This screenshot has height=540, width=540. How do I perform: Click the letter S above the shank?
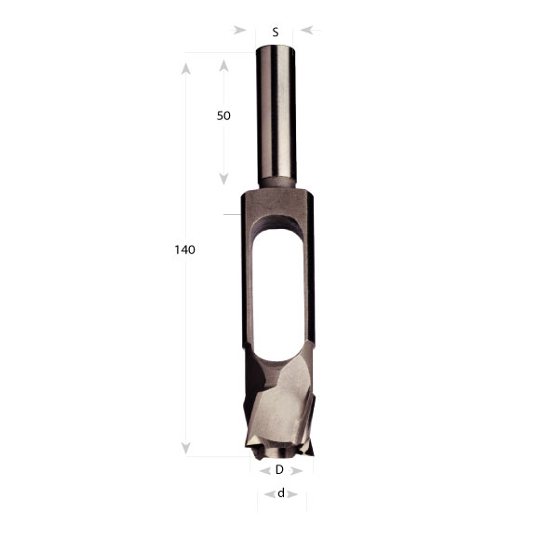(276, 32)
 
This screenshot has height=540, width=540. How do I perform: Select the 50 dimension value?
(223, 115)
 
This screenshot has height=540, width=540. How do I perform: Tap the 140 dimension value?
(185, 250)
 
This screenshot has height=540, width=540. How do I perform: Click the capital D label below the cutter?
(279, 469)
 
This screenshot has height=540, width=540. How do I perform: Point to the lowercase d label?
(281, 493)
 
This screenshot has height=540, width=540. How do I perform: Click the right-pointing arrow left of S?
(239, 30)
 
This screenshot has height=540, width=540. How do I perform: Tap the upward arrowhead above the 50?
(223, 65)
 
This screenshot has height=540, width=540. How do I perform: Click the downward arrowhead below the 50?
(223, 179)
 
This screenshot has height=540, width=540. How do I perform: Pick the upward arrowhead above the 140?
(186, 69)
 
